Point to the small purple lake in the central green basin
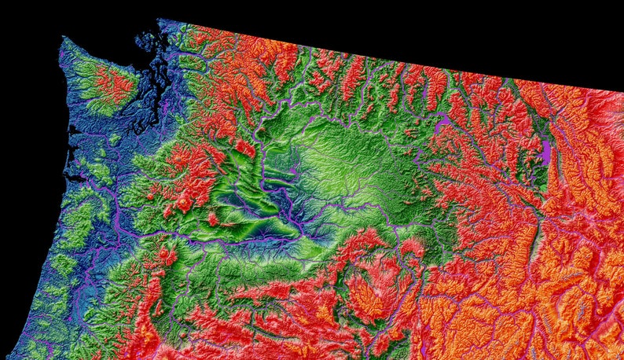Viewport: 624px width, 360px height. pyautogui.click(x=292, y=171)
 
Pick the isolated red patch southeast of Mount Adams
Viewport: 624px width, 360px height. pyautogui.click(x=213, y=219)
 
